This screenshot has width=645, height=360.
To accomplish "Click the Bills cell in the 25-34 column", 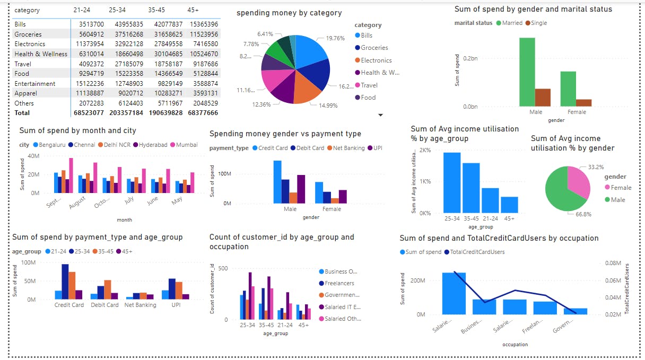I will (126, 24).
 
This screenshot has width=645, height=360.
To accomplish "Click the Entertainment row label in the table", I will (35, 84).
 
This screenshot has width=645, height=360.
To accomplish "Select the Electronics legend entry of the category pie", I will (376, 60).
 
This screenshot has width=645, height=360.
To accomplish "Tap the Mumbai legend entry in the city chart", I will (187, 145).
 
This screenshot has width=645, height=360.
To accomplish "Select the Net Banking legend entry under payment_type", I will (347, 148).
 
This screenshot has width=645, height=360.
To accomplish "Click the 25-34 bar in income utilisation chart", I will (452, 182).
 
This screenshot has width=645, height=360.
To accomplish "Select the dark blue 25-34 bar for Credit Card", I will (65, 282).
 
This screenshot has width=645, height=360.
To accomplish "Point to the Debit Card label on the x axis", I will (104, 305).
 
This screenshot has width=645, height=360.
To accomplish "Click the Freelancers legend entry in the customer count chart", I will (339, 283).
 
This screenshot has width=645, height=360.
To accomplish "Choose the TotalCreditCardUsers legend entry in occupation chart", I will (478, 252).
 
